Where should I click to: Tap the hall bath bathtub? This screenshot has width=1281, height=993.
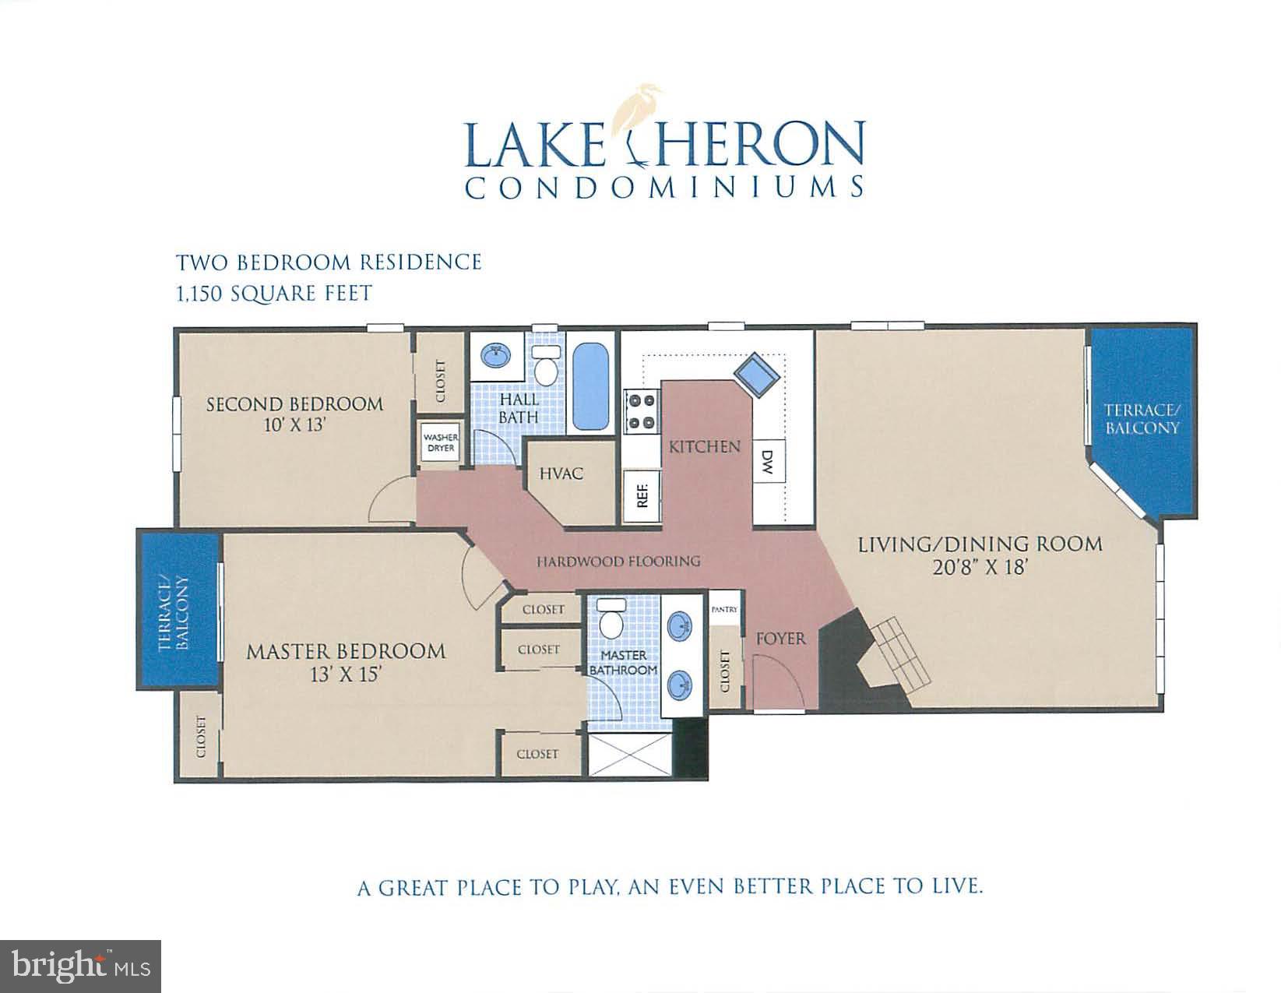click(x=590, y=387)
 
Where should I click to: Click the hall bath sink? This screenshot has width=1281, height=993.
click(x=494, y=357)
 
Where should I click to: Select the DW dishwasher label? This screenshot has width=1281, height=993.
click(x=768, y=464)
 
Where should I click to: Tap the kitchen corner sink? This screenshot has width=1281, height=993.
click(x=758, y=375)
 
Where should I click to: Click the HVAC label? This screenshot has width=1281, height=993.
click(x=561, y=474)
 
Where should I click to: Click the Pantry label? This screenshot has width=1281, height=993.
click(x=724, y=610)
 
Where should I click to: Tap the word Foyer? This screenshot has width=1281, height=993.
click(x=780, y=639)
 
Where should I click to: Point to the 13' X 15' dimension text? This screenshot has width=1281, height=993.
click(x=346, y=674)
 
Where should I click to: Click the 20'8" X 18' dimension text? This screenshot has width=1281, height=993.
click(x=981, y=568)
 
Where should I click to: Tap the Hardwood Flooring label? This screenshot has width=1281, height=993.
click(x=618, y=561)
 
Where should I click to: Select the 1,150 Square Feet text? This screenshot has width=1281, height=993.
click(x=274, y=294)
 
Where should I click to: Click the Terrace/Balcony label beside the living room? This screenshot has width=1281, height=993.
click(x=1142, y=419)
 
